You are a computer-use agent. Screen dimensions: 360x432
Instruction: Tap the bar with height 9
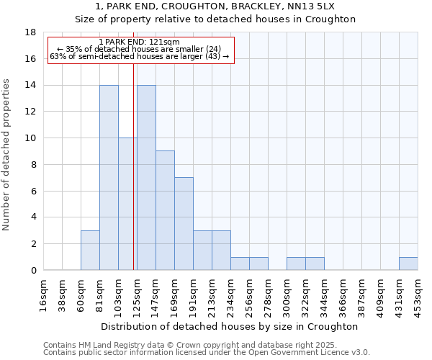[165, 210]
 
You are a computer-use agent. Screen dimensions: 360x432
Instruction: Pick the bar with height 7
[184, 223]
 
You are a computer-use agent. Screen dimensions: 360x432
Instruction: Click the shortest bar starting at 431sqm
[408, 264]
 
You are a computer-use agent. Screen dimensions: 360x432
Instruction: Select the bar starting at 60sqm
[90, 250]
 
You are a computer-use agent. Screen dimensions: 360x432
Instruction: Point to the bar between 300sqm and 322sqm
[296, 264]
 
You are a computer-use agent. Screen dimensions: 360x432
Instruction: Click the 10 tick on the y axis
[30, 138]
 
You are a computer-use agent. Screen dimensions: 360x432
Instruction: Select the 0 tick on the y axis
[33, 270]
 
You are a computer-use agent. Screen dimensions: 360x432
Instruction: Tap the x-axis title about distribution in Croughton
[231, 326]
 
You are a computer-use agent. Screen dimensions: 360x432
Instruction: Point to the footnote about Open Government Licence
[207, 353]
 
